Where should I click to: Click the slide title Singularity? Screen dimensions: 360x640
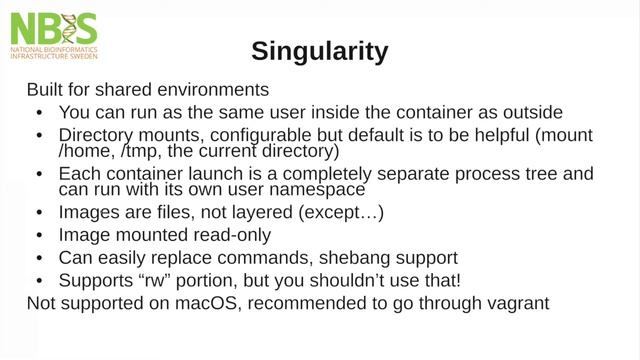coord(319,50)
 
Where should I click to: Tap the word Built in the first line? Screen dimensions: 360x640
coord(46,88)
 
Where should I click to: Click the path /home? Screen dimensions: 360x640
coord(87,151)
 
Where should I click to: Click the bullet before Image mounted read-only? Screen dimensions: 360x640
coord(39,236)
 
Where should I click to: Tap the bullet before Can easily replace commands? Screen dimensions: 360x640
coord(39,258)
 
